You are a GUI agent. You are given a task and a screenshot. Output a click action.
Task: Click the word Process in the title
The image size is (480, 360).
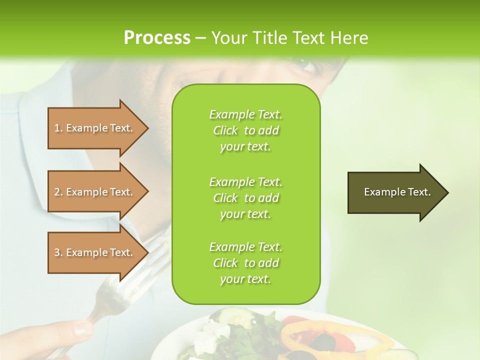click(x=157, y=38)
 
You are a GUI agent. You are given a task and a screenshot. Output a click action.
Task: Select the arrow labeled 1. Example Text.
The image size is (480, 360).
click(x=95, y=128)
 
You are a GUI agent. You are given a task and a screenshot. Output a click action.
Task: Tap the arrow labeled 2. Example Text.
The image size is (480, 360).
click(x=95, y=192)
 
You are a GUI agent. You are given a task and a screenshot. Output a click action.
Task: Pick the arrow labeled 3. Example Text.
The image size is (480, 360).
click(x=95, y=252)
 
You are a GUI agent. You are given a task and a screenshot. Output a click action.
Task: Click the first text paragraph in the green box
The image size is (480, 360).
click(x=245, y=130)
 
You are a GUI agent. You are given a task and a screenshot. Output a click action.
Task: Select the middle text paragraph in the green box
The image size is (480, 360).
click(x=245, y=198)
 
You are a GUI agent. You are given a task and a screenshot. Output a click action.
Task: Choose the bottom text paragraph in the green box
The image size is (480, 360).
click(x=245, y=263)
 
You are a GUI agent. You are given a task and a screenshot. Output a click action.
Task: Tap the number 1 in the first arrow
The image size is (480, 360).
click(x=57, y=128)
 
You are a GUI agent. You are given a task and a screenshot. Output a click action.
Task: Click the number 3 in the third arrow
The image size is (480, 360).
click(x=57, y=252)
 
